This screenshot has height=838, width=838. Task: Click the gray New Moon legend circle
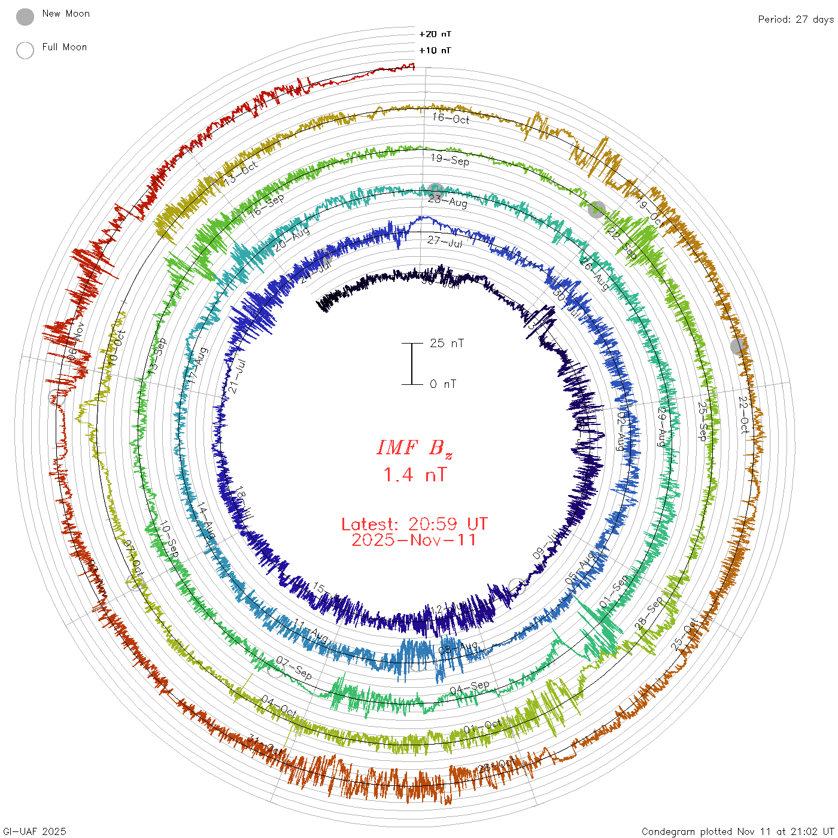pyautogui.click(x=25, y=17)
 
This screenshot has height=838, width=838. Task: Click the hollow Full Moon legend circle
pyautogui.click(x=25, y=50)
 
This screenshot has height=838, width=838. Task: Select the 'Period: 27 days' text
pyautogui.click(x=796, y=19)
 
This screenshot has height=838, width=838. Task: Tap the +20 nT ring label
pyautogui.click(x=435, y=34)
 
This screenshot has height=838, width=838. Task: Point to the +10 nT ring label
pyautogui.click(x=435, y=50)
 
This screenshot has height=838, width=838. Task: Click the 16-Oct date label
pyautogui.click(x=451, y=118)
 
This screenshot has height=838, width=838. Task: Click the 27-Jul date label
pyautogui.click(x=445, y=242)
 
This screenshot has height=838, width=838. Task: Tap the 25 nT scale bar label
pyautogui.click(x=447, y=343)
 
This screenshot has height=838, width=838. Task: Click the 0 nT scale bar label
pyautogui.click(x=443, y=384)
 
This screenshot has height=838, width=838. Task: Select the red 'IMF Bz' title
pyautogui.click(x=414, y=448)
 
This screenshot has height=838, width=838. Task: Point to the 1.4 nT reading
pyautogui.click(x=414, y=475)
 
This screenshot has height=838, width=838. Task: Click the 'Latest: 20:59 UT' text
pyautogui.click(x=414, y=524)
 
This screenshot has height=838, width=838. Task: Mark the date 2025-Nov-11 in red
pyautogui.click(x=414, y=540)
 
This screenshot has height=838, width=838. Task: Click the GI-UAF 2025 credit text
pyautogui.click(x=35, y=831)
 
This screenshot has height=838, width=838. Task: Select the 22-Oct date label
pyautogui.click(x=743, y=415)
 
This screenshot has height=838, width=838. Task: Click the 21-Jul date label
pyautogui.click(x=238, y=376)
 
